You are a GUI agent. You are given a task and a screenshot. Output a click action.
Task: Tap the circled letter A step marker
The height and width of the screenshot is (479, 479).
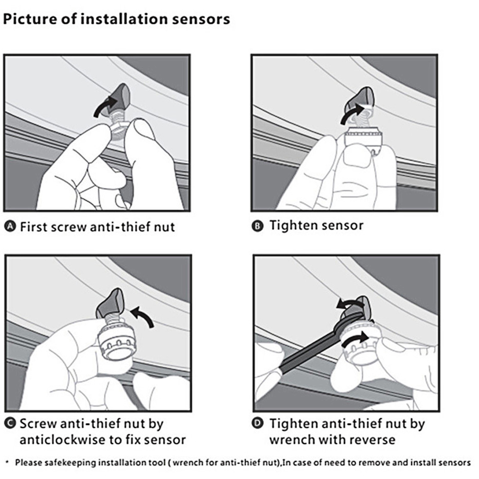(x=11, y=227)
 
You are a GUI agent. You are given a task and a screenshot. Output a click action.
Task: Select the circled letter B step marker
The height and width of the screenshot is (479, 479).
(x=258, y=226)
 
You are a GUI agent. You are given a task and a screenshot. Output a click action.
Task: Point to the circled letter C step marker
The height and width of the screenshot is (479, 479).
(x=11, y=423)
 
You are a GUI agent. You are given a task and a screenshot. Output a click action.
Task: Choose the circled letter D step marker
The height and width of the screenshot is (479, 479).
(x=258, y=424)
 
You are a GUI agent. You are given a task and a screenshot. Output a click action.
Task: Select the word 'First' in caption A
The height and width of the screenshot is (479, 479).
(x=34, y=227)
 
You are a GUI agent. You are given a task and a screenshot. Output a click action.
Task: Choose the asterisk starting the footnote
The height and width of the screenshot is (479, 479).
(x=7, y=462)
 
